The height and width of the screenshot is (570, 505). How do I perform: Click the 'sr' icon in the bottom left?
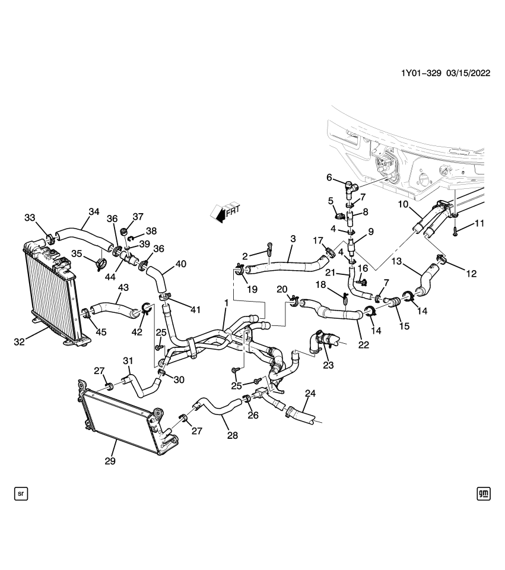click(x=21, y=493)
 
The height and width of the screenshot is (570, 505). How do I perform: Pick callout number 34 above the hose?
click(x=94, y=211)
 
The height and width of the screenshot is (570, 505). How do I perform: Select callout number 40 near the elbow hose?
click(x=180, y=264)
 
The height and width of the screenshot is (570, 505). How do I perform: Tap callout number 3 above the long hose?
click(x=292, y=238)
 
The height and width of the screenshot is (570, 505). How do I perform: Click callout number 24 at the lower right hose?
click(x=311, y=393)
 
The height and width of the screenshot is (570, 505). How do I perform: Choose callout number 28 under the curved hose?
click(x=232, y=435)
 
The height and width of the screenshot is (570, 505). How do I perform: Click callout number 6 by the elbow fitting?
click(x=329, y=177)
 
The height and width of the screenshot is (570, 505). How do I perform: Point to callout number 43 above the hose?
click(x=123, y=287)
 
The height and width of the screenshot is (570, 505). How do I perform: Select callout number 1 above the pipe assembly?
click(x=225, y=303)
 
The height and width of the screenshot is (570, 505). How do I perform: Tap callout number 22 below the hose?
click(x=363, y=345)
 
